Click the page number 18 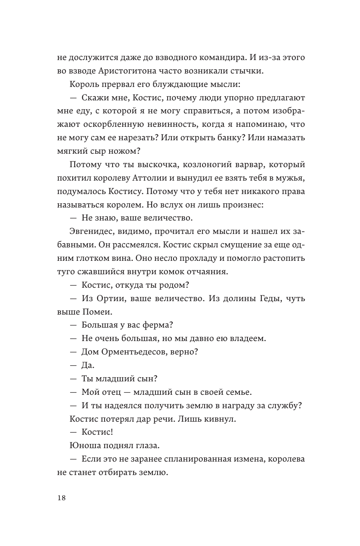click(x=60, y=498)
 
